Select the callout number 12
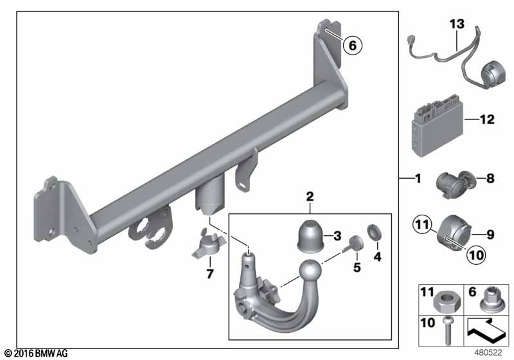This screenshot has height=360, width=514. coord(488,119)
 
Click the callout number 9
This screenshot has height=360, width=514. coord(489,235)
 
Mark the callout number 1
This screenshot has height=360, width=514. coord(417,179)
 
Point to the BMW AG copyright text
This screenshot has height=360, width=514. coord(35,354)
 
